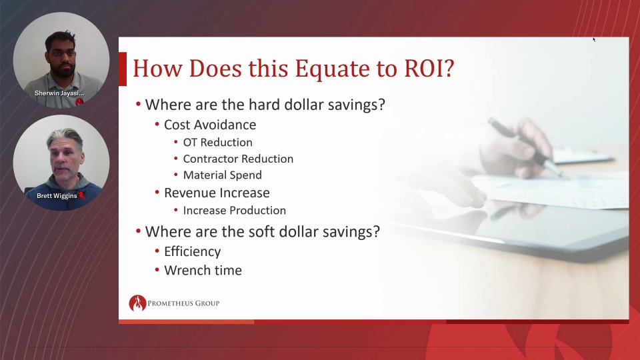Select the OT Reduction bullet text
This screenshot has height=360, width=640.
(x=217, y=143)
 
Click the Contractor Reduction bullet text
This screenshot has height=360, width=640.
(x=238, y=159)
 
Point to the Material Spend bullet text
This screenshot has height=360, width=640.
(x=223, y=175)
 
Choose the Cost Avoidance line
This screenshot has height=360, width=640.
(x=210, y=125)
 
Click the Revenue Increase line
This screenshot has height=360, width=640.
(x=217, y=193)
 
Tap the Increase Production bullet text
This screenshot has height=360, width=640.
(x=234, y=210)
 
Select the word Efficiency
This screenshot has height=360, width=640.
(x=192, y=252)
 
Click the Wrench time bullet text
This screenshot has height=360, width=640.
(x=203, y=270)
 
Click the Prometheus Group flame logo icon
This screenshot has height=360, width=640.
(x=137, y=303)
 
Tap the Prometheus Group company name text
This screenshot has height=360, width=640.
(x=183, y=303)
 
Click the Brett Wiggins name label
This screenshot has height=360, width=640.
(x=57, y=196)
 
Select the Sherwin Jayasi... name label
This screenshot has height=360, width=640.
(x=59, y=93)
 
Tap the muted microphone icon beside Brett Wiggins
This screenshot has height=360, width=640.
(x=81, y=195)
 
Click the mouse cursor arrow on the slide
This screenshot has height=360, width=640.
(x=594, y=39)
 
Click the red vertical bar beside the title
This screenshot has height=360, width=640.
(x=123, y=69)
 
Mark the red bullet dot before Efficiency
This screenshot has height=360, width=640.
(x=157, y=251)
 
